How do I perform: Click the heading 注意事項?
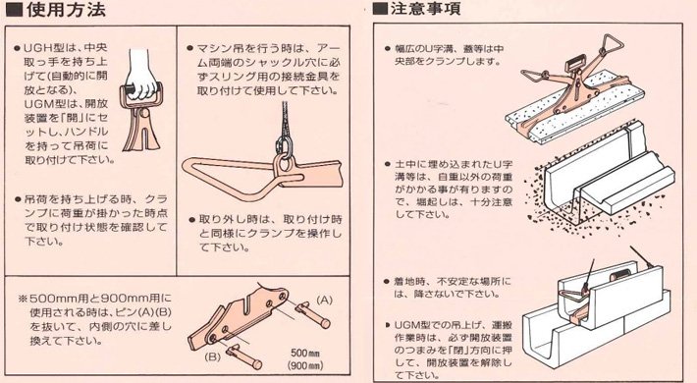[433, 12]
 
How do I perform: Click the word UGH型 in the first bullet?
[44, 46]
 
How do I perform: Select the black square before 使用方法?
[13, 12]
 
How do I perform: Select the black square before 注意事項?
[380, 12]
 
